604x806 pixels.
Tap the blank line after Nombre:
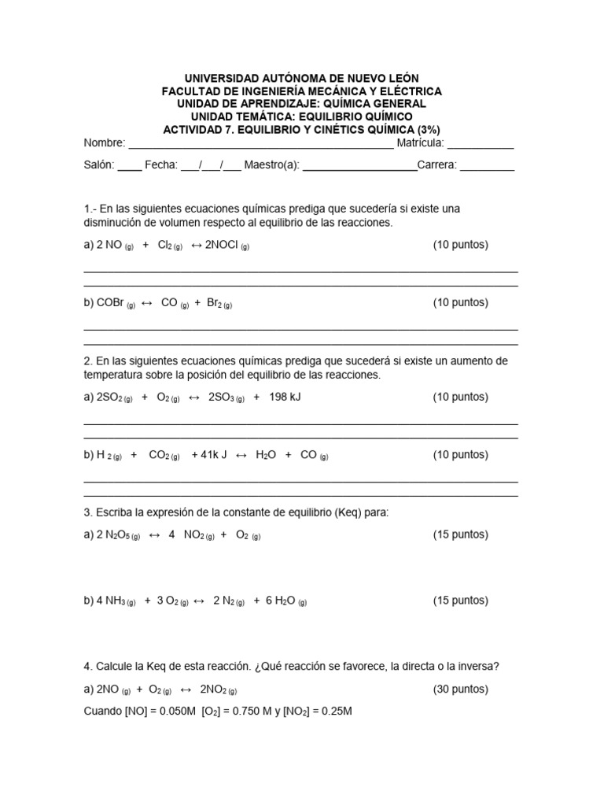260,145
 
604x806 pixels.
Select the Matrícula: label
421,143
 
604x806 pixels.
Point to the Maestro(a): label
272,166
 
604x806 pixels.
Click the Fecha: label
160,166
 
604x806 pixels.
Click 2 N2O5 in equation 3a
117,535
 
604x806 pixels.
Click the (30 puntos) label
460,690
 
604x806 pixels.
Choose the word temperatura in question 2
115,376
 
